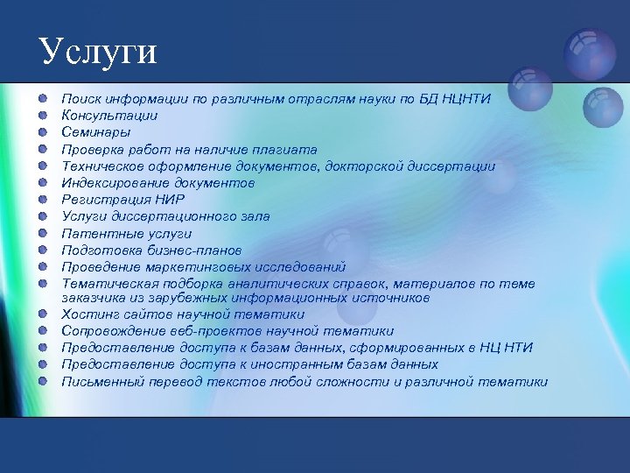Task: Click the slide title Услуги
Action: click(x=98, y=52)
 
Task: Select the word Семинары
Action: click(x=96, y=131)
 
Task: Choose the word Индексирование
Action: click(x=117, y=182)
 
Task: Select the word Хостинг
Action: click(x=86, y=314)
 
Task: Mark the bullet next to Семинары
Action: click(x=42, y=131)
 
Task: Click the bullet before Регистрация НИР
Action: click(x=42, y=199)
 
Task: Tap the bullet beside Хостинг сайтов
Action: click(x=42, y=314)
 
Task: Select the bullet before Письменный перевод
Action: click(x=42, y=381)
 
